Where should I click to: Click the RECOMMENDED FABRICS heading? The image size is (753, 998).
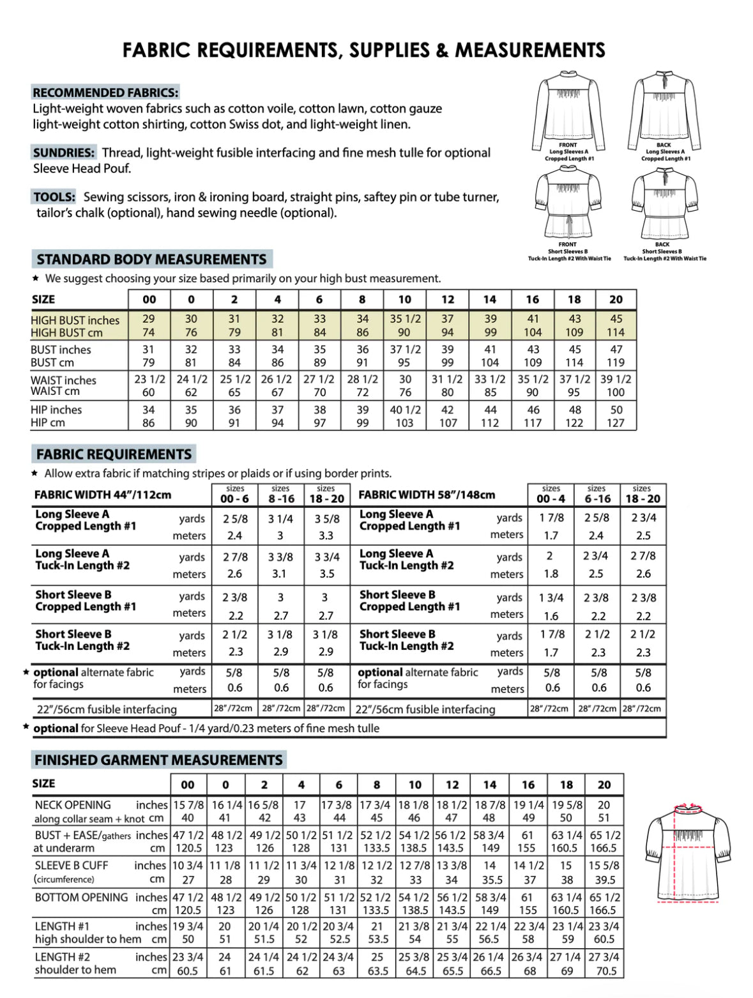105,93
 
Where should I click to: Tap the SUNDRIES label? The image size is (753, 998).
64,153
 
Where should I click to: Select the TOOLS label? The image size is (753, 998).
54,197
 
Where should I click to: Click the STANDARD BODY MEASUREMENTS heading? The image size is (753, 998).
151,259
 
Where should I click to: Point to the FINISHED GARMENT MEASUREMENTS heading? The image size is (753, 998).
158,760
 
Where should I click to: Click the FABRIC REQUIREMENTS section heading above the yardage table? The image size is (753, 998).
114,454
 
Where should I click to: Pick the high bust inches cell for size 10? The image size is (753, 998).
405,319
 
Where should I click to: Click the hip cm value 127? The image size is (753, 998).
616,423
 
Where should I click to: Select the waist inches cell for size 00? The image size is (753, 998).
149,379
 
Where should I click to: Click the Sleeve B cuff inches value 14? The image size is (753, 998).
490,865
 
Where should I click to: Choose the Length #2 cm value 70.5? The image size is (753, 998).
605,971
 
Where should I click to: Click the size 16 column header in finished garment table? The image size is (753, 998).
528,785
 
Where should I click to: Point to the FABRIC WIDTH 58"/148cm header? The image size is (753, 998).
427,495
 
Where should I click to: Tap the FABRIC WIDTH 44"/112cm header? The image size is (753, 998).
103,495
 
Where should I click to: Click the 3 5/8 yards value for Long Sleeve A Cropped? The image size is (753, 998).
327,519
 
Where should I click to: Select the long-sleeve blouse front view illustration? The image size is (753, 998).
568,110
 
